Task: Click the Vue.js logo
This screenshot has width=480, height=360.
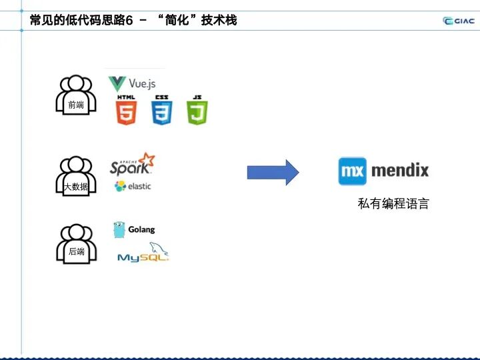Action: (x=132, y=84)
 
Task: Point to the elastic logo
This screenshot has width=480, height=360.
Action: (x=133, y=186)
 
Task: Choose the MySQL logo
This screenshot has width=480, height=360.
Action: (x=143, y=253)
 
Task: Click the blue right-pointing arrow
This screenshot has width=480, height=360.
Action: (x=273, y=172)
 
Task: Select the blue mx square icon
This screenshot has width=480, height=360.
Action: (x=351, y=171)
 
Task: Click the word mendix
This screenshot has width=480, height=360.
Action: (x=399, y=171)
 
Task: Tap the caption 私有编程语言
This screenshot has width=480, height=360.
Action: (x=393, y=204)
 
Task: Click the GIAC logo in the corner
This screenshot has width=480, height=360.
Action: (x=458, y=20)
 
